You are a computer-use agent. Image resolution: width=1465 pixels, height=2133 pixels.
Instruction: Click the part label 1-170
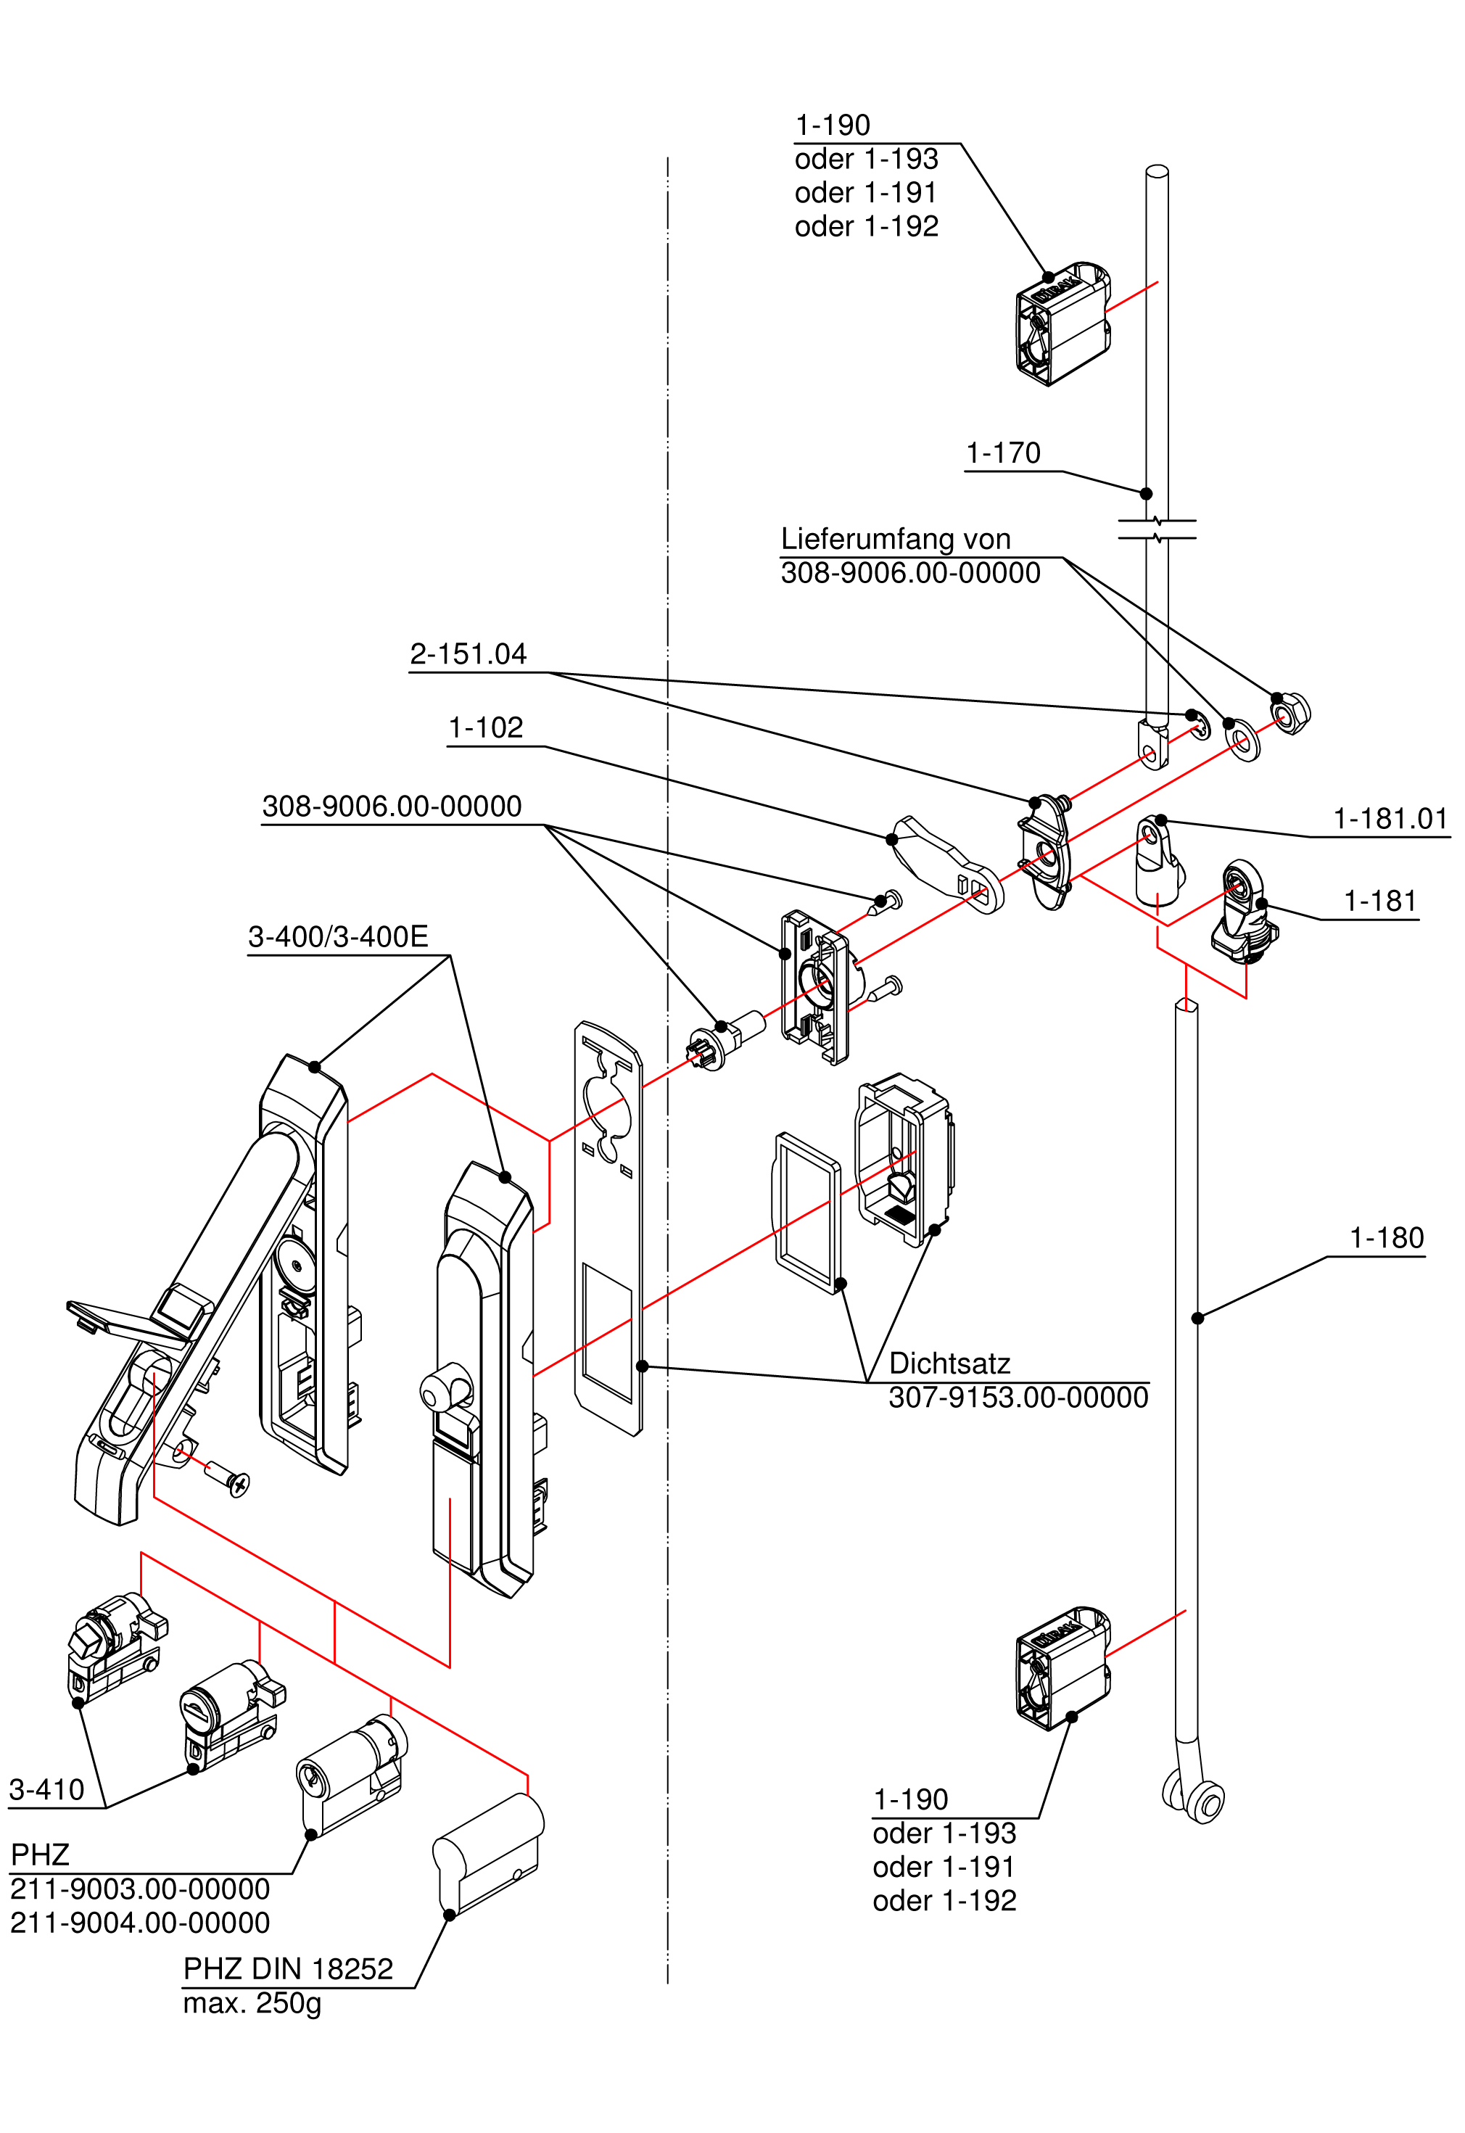coord(1002,453)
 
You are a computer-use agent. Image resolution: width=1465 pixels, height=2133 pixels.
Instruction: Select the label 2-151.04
coord(468,654)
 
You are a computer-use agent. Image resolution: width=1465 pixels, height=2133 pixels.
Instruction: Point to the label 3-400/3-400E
coord(338,937)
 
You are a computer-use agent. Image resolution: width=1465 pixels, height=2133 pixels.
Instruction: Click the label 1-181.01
coord(1390,819)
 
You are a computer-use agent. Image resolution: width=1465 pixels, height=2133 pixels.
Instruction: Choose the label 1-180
coord(1386,1238)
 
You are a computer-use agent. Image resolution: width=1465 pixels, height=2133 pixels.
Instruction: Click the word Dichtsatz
coord(949,1364)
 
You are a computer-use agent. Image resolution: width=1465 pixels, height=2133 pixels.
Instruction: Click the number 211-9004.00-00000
coord(139,1923)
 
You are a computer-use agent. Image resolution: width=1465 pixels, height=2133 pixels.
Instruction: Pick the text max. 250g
coord(252,2002)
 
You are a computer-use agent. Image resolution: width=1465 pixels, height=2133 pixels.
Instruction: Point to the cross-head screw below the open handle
coord(228,1477)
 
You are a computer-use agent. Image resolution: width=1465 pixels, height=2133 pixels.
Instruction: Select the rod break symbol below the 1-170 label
coord(1157,529)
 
